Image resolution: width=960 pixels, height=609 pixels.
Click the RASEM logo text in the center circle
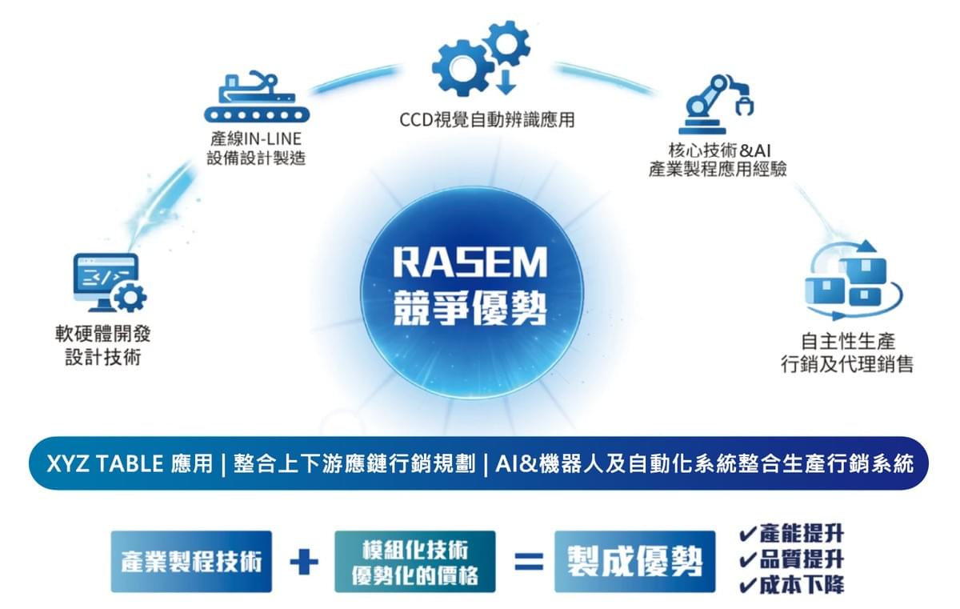pyautogui.click(x=470, y=262)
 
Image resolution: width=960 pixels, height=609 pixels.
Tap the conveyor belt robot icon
pyautogui.click(x=257, y=97)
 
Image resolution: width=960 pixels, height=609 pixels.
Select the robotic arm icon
pyautogui.click(x=717, y=104)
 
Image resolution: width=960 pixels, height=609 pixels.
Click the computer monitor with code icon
pyautogui.click(x=110, y=282)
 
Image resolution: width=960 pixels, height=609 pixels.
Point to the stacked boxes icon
pyautogui.click(x=854, y=280)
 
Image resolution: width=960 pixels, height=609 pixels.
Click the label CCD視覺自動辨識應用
pyautogui.click(x=487, y=120)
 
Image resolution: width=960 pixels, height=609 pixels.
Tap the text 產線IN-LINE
pyautogui.click(x=256, y=139)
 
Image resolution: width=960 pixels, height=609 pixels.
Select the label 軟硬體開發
pyautogui.click(x=103, y=334)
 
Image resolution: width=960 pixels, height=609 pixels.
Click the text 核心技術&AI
pyautogui.click(x=719, y=150)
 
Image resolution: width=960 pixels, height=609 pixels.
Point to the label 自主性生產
pyautogui.click(x=848, y=342)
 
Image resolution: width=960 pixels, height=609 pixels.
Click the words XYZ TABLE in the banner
pyautogui.click(x=105, y=463)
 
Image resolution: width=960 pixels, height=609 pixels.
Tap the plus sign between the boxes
pyautogui.click(x=304, y=562)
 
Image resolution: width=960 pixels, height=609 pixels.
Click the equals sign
pyautogui.click(x=529, y=562)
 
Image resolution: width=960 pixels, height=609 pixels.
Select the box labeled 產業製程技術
pyautogui.click(x=191, y=562)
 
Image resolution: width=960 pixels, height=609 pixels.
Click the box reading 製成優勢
pyautogui.click(x=634, y=562)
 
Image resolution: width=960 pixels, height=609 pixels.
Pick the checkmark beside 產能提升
pyautogui.click(x=747, y=534)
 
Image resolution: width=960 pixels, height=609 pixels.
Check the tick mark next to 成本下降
pyautogui.click(x=747, y=585)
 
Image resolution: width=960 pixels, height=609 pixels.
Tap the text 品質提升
pyautogui.click(x=802, y=559)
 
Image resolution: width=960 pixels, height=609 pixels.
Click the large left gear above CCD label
pyautogui.click(x=461, y=68)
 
